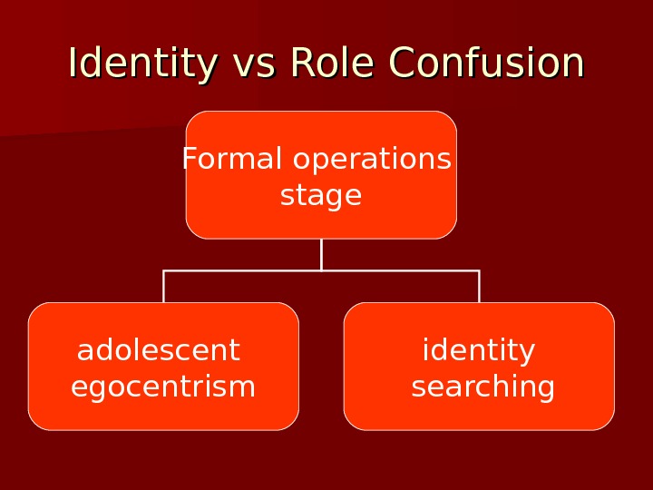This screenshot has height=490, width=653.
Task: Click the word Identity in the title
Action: [143, 64]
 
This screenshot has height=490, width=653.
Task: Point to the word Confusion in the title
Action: [486, 64]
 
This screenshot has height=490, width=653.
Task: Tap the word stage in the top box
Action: [321, 196]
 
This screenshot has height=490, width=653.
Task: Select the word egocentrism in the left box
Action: [163, 387]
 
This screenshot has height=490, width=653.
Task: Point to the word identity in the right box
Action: [479, 351]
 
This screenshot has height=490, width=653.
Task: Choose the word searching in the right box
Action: [483, 387]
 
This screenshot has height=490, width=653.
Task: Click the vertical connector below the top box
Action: [321, 254]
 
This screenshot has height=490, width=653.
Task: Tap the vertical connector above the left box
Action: [163, 287]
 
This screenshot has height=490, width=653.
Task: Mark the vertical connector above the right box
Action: [479, 287]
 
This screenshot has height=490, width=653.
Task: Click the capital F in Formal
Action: [188, 159]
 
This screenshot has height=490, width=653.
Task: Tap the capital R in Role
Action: [299, 64]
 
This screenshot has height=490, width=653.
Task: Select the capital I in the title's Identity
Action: [73, 64]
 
